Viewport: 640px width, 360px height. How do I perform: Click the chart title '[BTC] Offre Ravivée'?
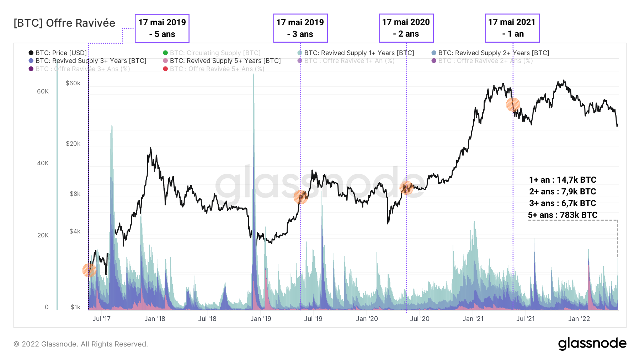pos(64,23)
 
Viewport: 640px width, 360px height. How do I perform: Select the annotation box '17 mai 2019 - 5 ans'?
pos(162,28)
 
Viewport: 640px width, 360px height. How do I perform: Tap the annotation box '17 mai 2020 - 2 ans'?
pos(406,28)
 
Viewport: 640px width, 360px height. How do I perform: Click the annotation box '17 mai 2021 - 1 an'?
pos(512,28)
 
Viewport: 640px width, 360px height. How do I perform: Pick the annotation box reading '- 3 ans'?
pos(300,28)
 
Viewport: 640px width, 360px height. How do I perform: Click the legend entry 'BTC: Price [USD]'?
pos(61,53)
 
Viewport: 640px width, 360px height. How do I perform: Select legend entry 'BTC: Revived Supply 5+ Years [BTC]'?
pos(225,61)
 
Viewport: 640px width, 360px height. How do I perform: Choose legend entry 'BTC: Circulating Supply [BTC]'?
pos(215,53)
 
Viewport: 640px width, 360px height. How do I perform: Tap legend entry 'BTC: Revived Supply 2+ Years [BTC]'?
pos(494,53)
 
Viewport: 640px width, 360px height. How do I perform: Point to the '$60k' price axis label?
pos(73,83)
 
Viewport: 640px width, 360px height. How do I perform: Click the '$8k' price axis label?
pos(75,194)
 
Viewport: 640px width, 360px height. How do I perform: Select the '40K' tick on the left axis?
pos(43,163)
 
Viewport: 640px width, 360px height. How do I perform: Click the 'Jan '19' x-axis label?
pos(261,319)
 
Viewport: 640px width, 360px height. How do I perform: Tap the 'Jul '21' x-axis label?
pos(525,319)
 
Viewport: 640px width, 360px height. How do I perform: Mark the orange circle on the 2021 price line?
pos(513,104)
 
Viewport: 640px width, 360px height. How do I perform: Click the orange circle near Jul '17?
pos(89,270)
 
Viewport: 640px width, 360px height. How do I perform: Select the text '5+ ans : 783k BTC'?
pos(562,215)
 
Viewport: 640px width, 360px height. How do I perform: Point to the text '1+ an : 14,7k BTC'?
pos(562,180)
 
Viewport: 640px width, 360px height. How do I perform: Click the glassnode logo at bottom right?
pos(592,344)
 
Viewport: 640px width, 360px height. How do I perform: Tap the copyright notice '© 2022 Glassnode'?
pos(81,344)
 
